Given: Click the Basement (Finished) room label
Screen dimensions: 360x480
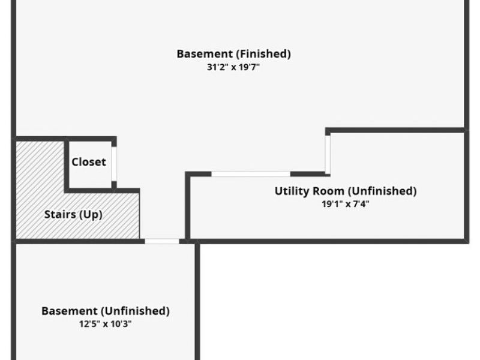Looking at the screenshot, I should point(233,54).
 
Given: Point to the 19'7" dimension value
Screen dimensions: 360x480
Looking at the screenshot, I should point(248,68).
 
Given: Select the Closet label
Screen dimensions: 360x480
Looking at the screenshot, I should point(89,162).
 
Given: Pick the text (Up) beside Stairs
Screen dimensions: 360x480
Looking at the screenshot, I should point(91,214).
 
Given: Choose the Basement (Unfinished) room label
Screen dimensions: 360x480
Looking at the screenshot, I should point(106,311).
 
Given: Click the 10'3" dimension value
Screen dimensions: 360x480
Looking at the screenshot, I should point(121,325).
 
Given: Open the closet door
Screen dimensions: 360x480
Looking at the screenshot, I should point(114,164).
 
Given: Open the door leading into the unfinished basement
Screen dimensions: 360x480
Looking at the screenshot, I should point(162,241).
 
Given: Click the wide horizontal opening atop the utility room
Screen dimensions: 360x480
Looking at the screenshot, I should point(251,174).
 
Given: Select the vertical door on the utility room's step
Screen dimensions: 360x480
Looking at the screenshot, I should point(328,154).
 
